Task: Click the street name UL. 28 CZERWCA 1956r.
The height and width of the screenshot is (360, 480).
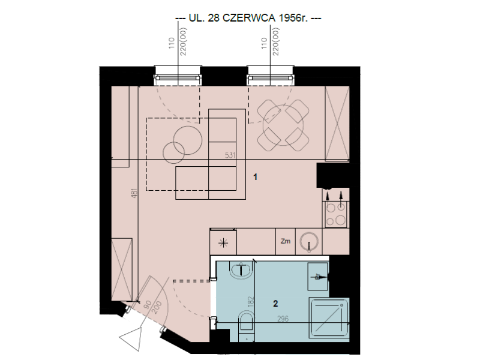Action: click(248, 19)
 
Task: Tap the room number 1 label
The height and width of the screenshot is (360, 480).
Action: click(256, 177)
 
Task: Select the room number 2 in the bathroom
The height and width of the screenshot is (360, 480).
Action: click(275, 304)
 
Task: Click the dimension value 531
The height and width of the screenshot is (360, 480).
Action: click(230, 155)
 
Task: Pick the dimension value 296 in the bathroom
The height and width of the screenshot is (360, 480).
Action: click(283, 319)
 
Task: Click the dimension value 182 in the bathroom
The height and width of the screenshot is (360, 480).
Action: click(251, 302)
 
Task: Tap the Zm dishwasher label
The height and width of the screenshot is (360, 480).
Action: click(286, 241)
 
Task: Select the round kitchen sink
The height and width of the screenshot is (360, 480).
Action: click(309, 242)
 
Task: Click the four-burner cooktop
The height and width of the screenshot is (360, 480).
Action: click(336, 214)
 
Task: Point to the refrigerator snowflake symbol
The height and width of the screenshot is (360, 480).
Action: click(223, 244)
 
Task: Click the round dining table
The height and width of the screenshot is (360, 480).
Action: click(283, 125)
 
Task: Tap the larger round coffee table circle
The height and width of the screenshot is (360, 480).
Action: click(188, 140)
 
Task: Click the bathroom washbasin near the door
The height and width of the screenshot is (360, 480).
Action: click(241, 271)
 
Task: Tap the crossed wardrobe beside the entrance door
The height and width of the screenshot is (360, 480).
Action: click(122, 269)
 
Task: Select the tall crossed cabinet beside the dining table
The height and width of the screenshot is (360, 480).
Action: click(337, 124)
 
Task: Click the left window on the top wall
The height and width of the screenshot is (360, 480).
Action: click(178, 76)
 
